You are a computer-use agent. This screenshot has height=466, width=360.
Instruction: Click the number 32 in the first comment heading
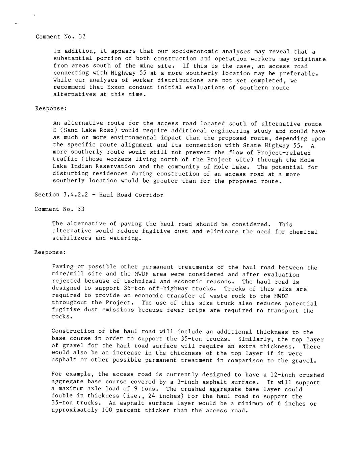(x=82, y=36)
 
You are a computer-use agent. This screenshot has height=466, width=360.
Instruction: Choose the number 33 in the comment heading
(x=81, y=209)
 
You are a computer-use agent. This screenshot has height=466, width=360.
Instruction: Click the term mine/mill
(x=68, y=274)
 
